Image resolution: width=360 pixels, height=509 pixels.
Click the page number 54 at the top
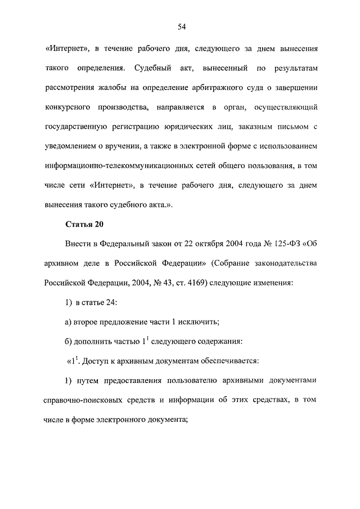[182, 27]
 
